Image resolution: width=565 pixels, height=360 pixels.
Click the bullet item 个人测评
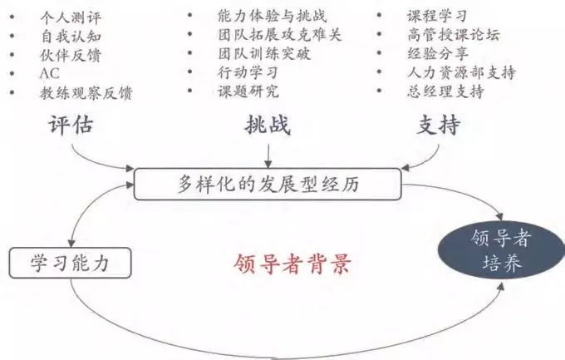pyautogui.click(x=71, y=17)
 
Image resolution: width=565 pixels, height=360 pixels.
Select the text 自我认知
pyautogui.click(x=71, y=37)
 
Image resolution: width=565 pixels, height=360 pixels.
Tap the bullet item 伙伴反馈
pyautogui.click(x=71, y=56)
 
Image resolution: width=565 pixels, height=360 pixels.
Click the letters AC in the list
pyautogui.click(x=49, y=74)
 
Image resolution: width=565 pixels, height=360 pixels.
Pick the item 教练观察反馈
pyautogui.click(x=86, y=93)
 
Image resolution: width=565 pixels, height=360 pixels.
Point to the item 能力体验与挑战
pyautogui.click(x=272, y=16)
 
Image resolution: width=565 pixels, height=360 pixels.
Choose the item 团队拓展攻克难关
pyautogui.click(x=280, y=35)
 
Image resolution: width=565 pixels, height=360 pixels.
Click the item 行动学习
pyautogui.click(x=248, y=72)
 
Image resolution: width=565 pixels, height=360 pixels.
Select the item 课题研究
pyautogui.click(x=248, y=91)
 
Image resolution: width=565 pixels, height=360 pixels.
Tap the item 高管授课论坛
pyautogui.click(x=454, y=35)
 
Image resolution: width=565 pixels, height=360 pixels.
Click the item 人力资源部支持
pyautogui.click(x=462, y=72)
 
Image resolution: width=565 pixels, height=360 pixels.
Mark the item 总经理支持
pyautogui.click(x=445, y=91)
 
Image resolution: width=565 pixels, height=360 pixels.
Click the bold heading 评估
pyautogui.click(x=71, y=126)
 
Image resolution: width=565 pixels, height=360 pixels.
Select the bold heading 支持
pyautogui.click(x=439, y=125)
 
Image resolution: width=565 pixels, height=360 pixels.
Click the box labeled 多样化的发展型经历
pyautogui.click(x=268, y=184)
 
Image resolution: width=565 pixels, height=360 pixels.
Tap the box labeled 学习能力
pyautogui.click(x=70, y=263)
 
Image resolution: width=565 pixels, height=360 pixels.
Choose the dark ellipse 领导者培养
pyautogui.click(x=501, y=250)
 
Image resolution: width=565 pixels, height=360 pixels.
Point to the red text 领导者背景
pyautogui.click(x=292, y=264)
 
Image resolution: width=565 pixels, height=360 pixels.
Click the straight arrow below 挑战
pyautogui.click(x=268, y=156)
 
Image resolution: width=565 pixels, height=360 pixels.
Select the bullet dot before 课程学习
pyautogui.click(x=379, y=15)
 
